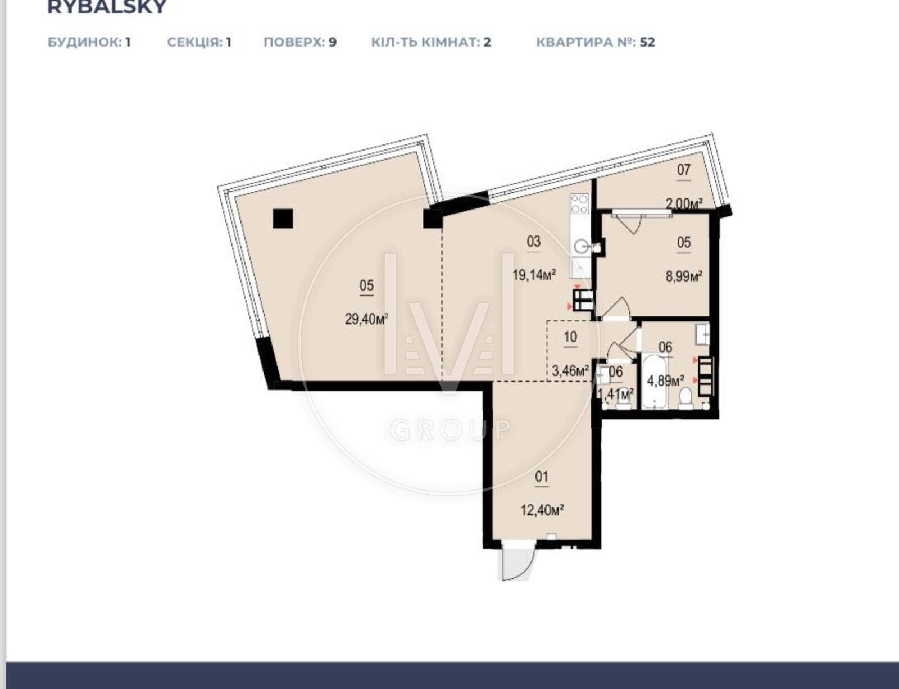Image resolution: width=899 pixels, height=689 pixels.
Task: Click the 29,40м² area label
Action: pos(366,319)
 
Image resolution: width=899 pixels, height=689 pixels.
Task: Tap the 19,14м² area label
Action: pos(534,275)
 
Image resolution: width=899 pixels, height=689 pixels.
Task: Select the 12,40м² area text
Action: pos(542,510)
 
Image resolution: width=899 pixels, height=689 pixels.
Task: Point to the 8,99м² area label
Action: pos(683,276)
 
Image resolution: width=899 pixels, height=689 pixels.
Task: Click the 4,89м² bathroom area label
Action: pos(665,380)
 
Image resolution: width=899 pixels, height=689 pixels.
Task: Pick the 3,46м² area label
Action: pos(570,371)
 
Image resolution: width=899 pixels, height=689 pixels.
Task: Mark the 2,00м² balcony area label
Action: pos(683,203)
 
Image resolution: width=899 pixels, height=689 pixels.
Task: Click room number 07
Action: pos(683,170)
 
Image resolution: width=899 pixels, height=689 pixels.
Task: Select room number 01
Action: pos(542,477)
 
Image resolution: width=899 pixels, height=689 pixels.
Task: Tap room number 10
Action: pos(570,337)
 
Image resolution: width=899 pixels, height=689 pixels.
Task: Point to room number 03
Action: pos(534,241)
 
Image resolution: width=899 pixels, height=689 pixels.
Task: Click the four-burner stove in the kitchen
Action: pos(580,204)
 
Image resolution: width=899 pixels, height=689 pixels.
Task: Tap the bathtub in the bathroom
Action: pos(655,381)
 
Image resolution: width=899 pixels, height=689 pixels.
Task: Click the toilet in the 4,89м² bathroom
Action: pos(685,398)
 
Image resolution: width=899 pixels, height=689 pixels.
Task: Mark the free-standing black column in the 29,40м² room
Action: pos(283,219)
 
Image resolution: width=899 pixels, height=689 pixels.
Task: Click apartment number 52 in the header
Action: pos(647,42)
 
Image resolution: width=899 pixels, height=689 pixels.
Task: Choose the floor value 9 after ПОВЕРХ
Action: pos(333,42)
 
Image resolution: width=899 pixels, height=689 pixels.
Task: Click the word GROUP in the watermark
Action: pos(451,430)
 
